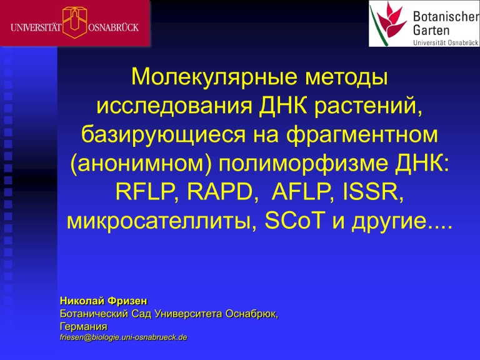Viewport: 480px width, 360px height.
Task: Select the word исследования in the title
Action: (x=174, y=106)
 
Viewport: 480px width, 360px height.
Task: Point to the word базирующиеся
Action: (x=164, y=135)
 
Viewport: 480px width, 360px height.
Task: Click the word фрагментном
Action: (x=361, y=135)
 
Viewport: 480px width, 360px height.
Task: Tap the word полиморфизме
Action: (x=302, y=164)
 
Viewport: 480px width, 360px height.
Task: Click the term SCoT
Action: (x=294, y=221)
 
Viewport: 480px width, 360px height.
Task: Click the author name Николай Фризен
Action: (x=104, y=301)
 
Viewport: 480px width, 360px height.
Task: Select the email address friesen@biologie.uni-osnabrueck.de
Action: (x=123, y=337)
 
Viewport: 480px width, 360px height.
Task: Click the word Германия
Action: (x=84, y=326)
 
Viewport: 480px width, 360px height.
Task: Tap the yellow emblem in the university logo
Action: (x=75, y=22)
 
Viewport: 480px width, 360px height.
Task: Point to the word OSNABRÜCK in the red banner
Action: (x=113, y=27)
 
